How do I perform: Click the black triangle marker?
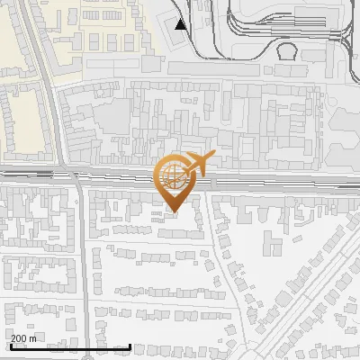point(182,23)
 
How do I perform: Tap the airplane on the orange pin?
point(197,165)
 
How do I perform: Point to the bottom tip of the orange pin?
point(172,211)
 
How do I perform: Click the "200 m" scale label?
point(22,338)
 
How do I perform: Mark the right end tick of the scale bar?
point(130,346)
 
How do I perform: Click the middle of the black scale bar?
point(70,347)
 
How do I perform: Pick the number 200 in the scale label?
point(19,338)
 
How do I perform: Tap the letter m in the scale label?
point(32,338)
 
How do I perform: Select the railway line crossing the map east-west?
point(90,173)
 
